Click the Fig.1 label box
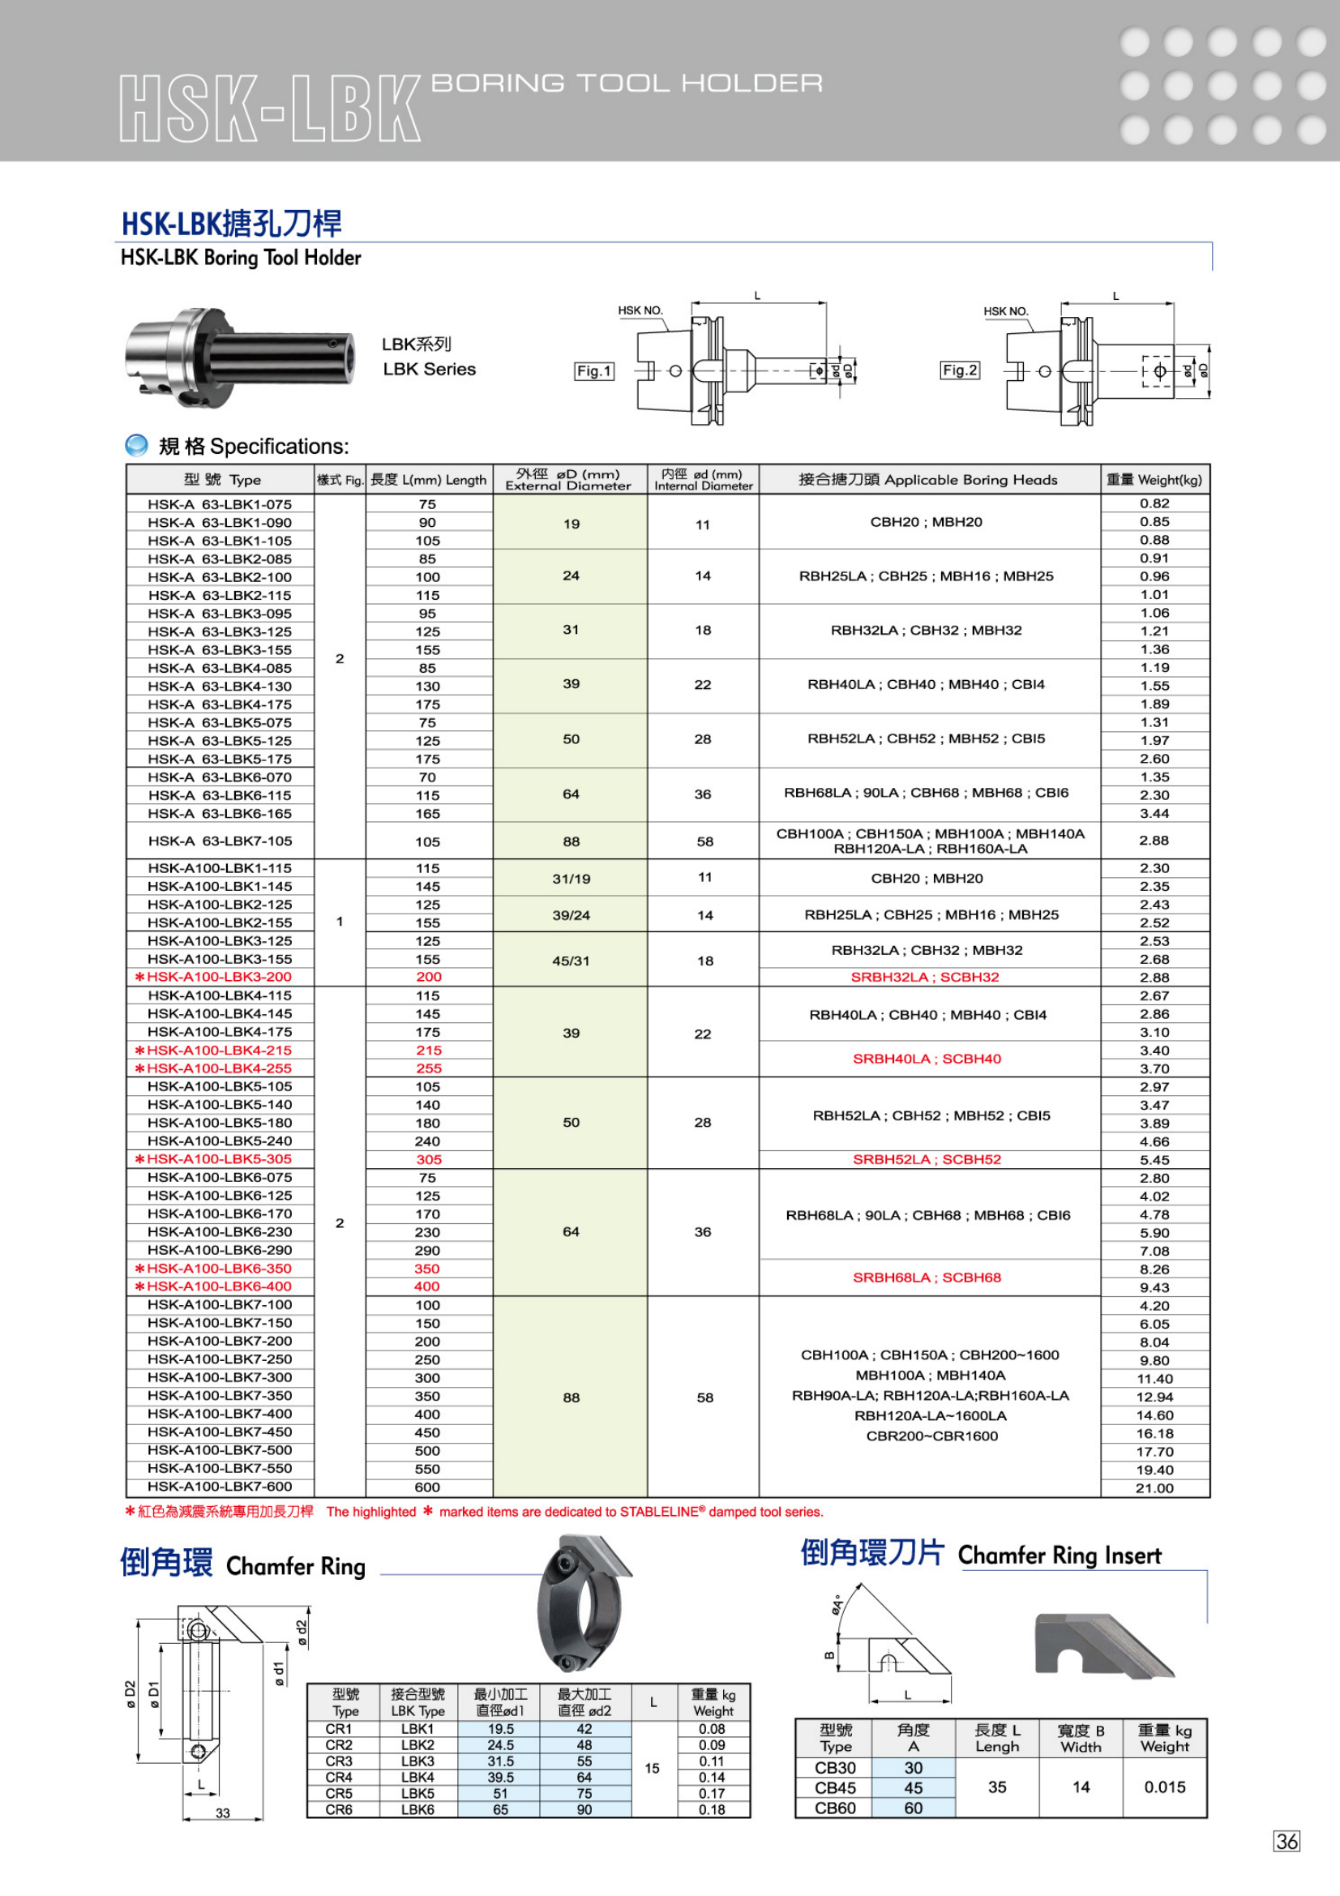click(593, 371)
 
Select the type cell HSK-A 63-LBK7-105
click(220, 841)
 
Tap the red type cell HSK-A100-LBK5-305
click(219, 1159)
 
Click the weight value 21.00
click(1154, 1488)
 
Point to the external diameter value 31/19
click(572, 879)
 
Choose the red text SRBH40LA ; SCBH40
click(927, 1059)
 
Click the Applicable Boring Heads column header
click(928, 480)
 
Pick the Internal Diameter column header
click(703, 480)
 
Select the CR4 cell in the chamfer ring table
click(339, 1777)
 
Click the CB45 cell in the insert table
click(835, 1788)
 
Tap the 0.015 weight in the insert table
click(1164, 1787)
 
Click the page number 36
click(1286, 1842)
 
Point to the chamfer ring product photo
click(584, 1603)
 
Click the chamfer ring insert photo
click(1103, 1646)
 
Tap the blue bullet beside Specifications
click(136, 446)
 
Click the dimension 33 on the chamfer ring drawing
click(223, 1813)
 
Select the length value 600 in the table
click(428, 1487)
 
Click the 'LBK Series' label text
click(430, 369)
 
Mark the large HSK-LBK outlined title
click(270, 109)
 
